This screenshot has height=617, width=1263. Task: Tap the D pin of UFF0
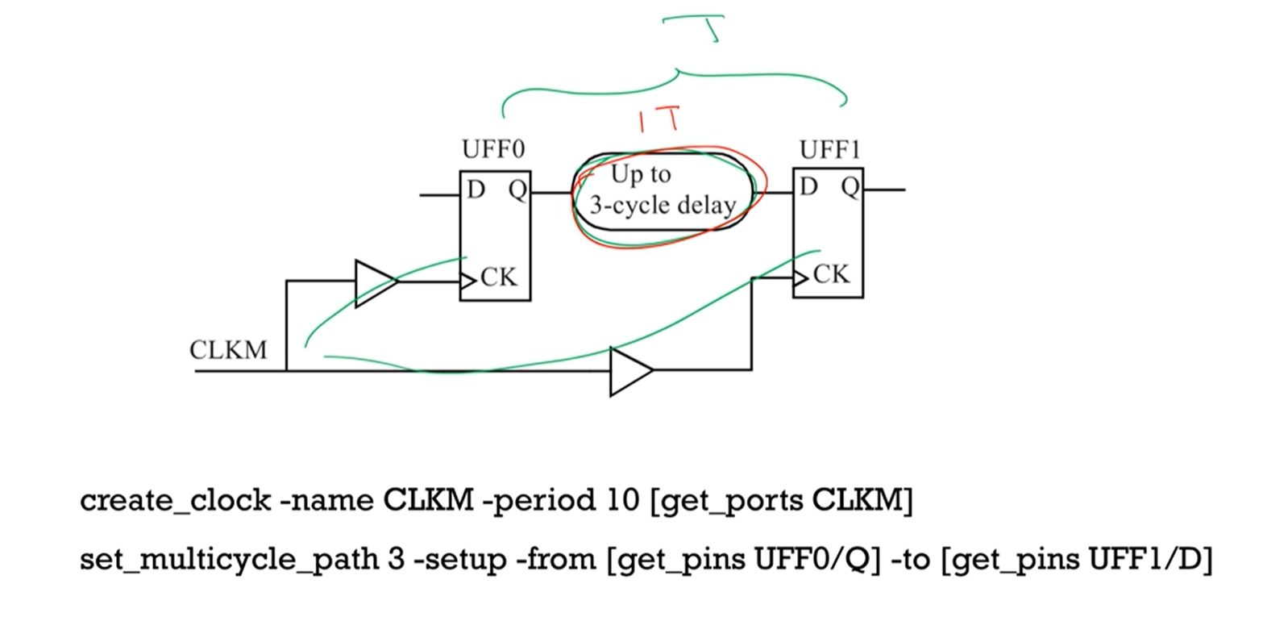pos(476,191)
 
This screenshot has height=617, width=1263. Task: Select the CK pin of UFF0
pos(498,278)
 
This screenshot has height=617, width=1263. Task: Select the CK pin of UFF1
pos(830,275)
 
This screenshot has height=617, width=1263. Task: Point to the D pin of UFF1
pos(808,188)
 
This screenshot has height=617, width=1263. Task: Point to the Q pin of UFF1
pos(850,188)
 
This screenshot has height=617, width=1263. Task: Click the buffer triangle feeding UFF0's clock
pos(374,282)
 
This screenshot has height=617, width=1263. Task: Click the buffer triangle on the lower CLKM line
pos(629,371)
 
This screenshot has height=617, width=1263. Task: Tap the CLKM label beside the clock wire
pos(228,351)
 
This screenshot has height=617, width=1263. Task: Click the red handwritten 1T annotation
pos(660,121)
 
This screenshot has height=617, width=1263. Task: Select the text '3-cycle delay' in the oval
pos(663,206)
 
